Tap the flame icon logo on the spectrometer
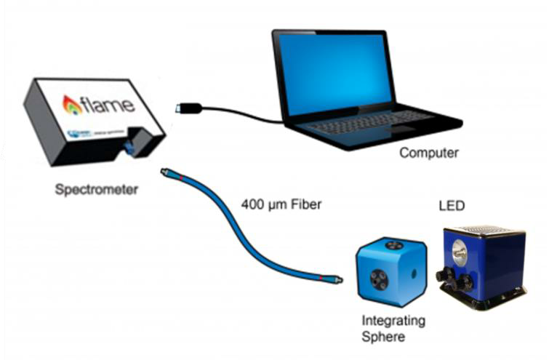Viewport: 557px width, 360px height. (72, 105)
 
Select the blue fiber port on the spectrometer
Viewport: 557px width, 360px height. (129, 148)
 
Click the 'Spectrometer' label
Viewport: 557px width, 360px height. (97, 191)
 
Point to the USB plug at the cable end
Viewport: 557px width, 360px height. (186, 108)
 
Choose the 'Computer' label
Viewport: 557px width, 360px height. (429, 153)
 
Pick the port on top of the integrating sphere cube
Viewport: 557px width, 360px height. (393, 246)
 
